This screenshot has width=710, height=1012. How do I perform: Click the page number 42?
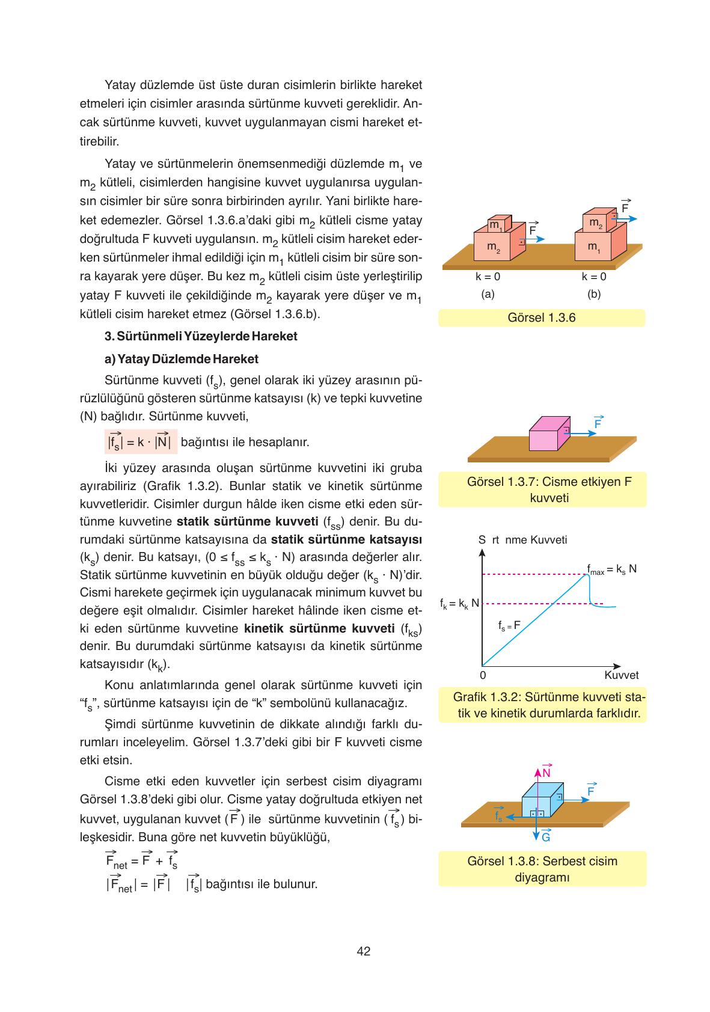coord(363,951)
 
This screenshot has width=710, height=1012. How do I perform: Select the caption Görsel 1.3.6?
coord(541,318)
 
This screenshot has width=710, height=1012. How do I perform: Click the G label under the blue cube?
coord(546,837)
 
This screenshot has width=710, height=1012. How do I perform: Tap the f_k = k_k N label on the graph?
coord(459,603)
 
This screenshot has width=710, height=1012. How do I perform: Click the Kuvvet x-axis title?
coord(621,675)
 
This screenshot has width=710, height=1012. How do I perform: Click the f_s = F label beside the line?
coord(509,625)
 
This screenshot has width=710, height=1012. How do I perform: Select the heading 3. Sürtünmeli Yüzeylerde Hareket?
coord(201,336)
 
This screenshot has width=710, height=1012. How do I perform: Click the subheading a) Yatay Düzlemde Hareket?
coord(182,359)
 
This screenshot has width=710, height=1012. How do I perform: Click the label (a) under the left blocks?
coord(488,294)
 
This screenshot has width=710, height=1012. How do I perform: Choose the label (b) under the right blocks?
coord(594,294)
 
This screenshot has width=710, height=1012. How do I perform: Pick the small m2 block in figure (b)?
coord(596,222)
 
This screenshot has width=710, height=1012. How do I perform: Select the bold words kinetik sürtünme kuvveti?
coord(319,629)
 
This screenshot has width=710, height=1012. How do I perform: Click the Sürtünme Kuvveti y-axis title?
coord(522,540)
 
